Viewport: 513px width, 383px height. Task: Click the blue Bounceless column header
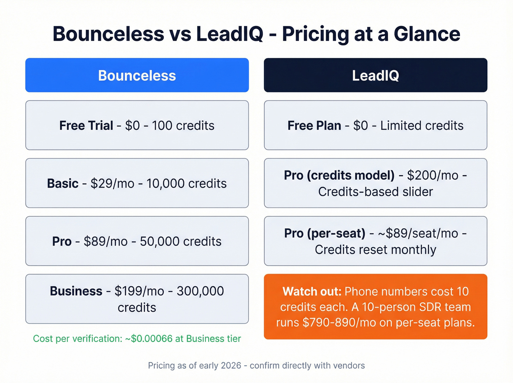(x=137, y=75)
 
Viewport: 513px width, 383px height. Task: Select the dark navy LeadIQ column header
(x=375, y=75)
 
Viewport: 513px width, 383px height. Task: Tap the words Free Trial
(x=86, y=125)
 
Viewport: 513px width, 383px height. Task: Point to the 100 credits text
(x=183, y=125)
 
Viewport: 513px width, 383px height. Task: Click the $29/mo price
(x=112, y=183)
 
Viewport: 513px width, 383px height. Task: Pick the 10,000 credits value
(x=187, y=183)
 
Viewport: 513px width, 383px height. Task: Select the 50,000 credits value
(x=181, y=241)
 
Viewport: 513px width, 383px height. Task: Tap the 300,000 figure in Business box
(x=200, y=291)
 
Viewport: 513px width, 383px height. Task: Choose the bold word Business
(x=76, y=291)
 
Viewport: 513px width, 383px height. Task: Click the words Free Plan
(x=314, y=125)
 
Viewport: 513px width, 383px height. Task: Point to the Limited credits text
(x=422, y=125)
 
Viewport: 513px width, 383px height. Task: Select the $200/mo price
(x=433, y=175)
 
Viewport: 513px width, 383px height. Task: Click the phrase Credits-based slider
(x=375, y=192)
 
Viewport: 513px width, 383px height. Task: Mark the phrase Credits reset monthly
(x=375, y=250)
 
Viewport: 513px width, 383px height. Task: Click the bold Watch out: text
(x=312, y=291)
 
